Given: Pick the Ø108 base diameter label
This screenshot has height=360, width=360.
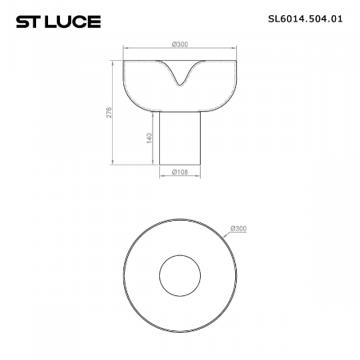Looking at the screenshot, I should tap(180, 170).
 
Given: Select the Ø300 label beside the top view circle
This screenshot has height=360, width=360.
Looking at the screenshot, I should tap(238, 229).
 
